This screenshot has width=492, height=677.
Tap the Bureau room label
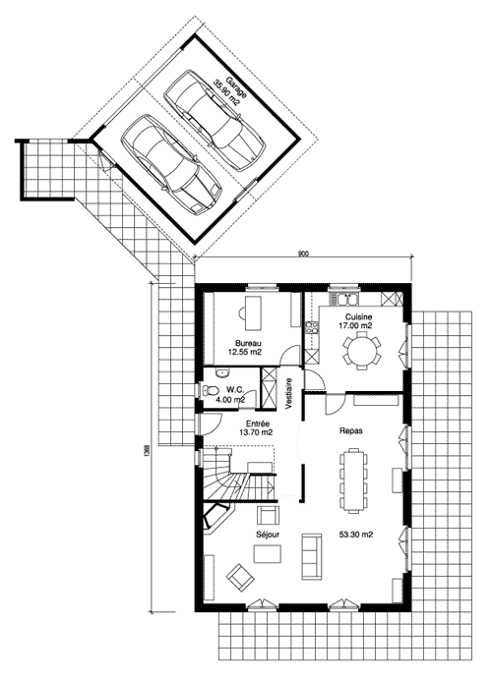click(x=248, y=343)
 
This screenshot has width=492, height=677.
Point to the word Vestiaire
click(x=288, y=393)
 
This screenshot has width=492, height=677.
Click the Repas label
click(x=351, y=430)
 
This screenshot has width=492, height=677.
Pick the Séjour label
click(x=268, y=535)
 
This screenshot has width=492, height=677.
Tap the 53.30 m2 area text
click(x=356, y=535)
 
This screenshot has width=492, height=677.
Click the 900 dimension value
click(x=303, y=254)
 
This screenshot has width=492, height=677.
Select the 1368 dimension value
click(x=147, y=453)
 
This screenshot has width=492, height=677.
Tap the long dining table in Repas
click(x=354, y=480)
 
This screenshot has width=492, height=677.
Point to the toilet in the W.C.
click(x=211, y=391)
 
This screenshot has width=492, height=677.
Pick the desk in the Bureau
click(x=254, y=312)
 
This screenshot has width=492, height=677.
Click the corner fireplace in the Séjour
click(x=217, y=516)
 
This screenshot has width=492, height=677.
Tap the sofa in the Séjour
click(x=311, y=556)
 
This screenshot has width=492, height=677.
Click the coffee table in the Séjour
click(x=268, y=554)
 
